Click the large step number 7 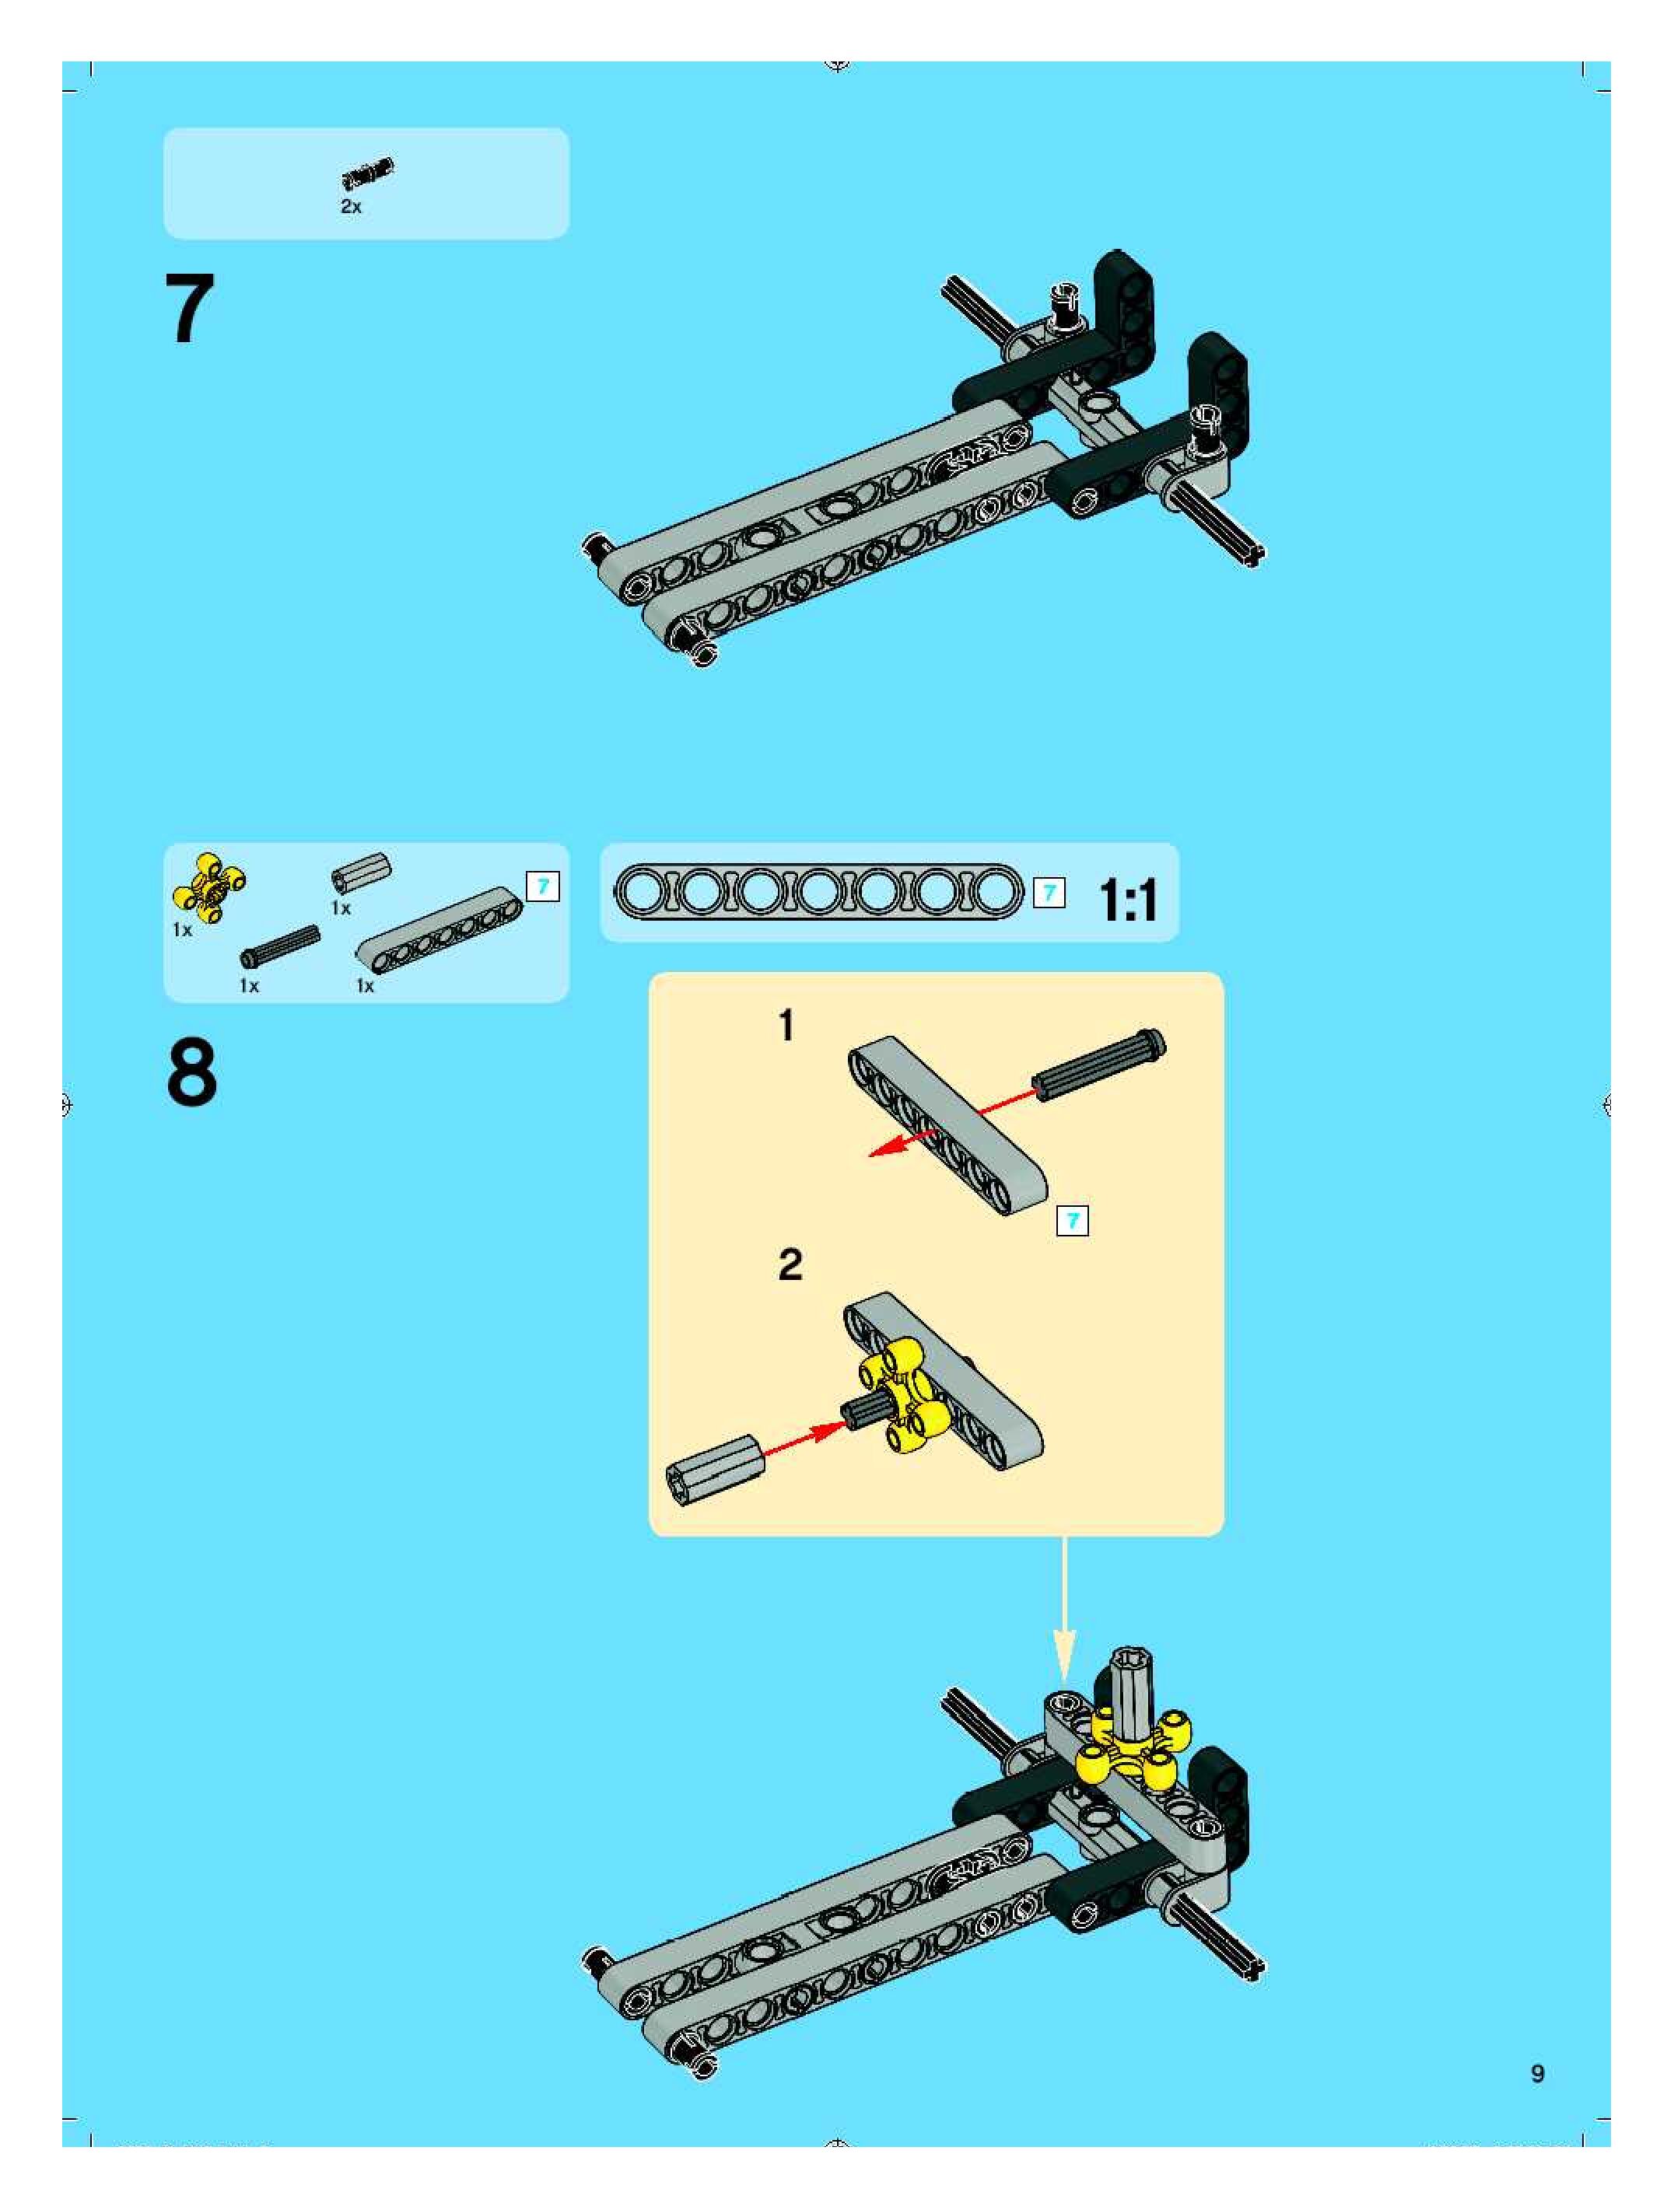190,309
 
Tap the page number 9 1537,2073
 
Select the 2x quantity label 351,207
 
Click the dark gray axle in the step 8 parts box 280,946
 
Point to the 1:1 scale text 1129,900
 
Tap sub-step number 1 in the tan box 786,1026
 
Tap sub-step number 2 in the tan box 790,1265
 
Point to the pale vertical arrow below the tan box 1064,1610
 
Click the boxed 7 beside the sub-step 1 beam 1073,1220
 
